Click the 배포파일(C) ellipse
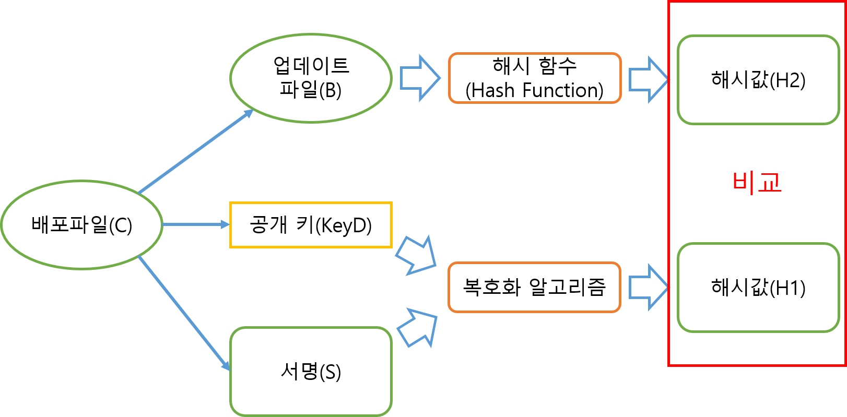[82, 225]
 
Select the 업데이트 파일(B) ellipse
[311, 78]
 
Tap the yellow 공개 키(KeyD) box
[311, 225]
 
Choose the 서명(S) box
[311, 371]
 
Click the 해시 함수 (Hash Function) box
[535, 78]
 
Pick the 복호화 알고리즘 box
[535, 287]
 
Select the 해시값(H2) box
[758, 80]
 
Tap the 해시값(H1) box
[758, 288]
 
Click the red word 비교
[757, 182]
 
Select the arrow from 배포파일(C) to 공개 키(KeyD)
[196, 224]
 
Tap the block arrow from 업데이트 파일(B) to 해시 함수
[420, 78]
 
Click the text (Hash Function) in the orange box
[535, 90]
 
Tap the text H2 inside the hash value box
[790, 80]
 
